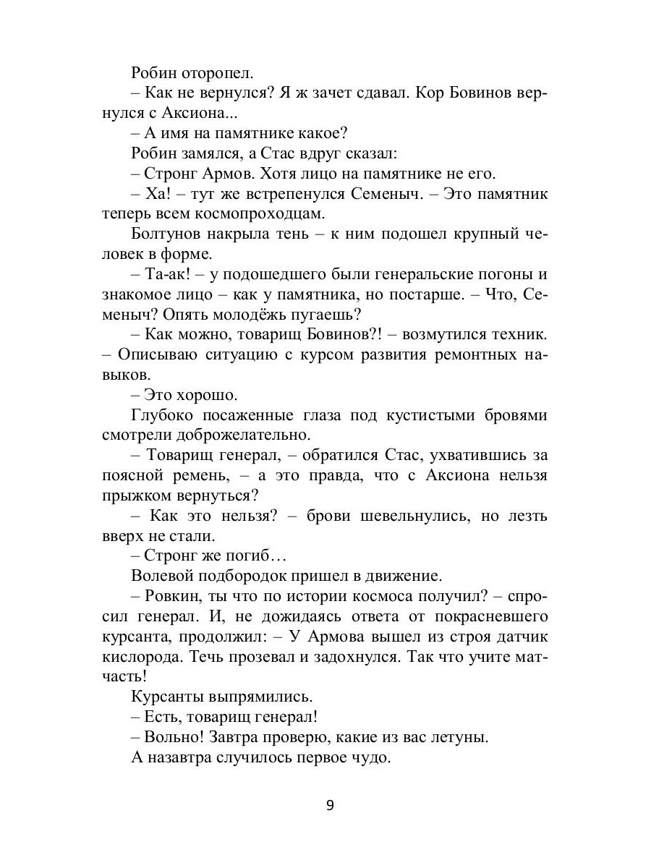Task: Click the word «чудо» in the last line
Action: click(x=367, y=758)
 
